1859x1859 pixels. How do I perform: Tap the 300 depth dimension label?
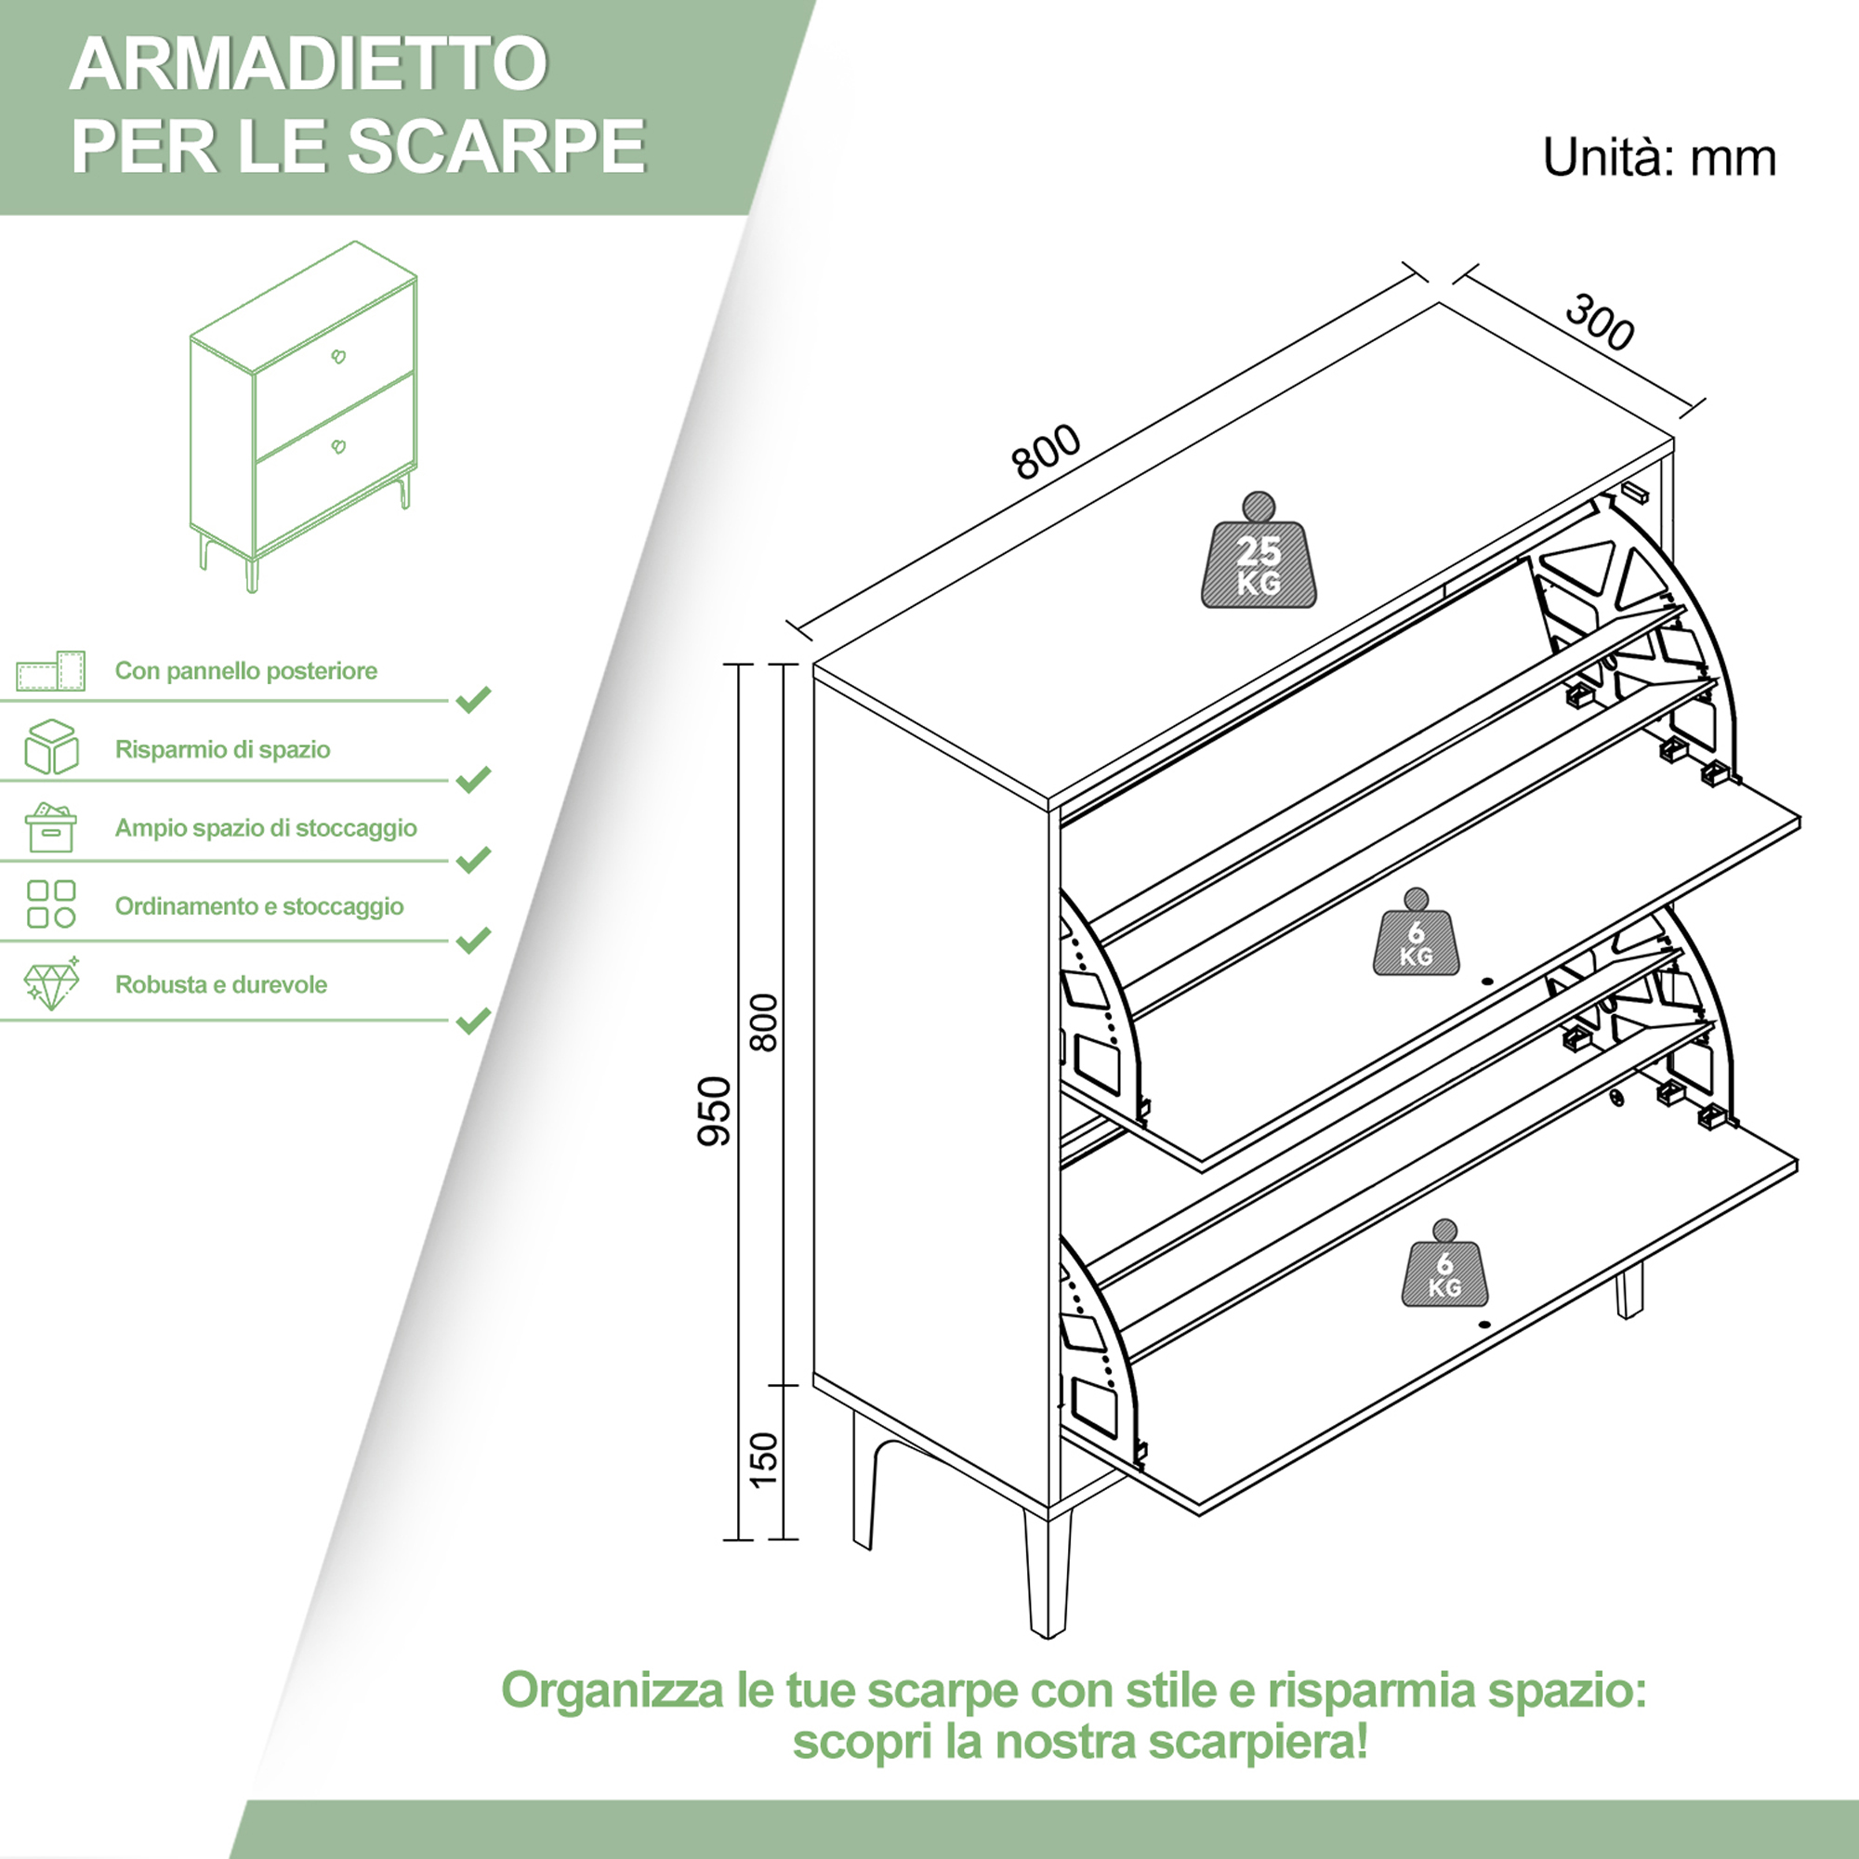click(1599, 323)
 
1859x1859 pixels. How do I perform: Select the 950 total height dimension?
click(714, 1112)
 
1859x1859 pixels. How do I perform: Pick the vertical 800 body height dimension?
click(763, 1022)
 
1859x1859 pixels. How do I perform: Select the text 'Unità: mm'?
click(1659, 158)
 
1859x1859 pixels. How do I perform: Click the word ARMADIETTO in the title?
click(309, 64)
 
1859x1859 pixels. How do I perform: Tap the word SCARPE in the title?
click(496, 146)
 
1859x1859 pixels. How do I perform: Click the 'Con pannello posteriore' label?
click(245, 671)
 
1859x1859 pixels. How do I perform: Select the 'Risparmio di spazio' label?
click(222, 749)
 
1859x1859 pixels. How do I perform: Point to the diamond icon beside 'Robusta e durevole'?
click(51, 983)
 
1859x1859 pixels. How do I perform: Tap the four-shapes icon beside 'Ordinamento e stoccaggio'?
click(51, 904)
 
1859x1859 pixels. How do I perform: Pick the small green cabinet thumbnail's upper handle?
click(338, 357)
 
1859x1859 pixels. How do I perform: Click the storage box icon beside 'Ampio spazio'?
click(51, 827)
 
